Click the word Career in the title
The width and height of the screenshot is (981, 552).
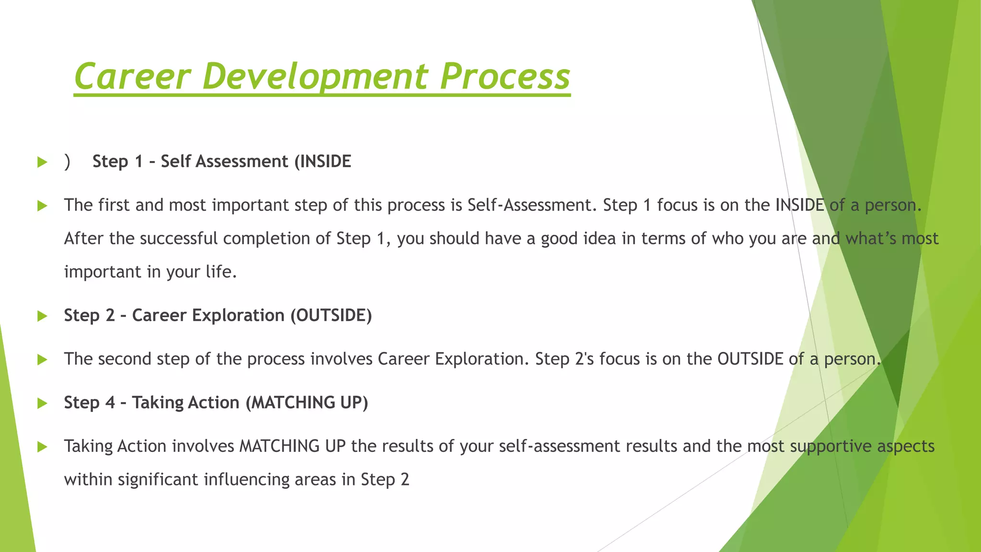[x=133, y=77]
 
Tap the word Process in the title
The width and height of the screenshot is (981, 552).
[x=505, y=77]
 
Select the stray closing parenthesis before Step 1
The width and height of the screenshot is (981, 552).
[x=67, y=162]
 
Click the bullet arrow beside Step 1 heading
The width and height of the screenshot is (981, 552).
[x=42, y=162]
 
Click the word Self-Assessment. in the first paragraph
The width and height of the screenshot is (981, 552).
[x=532, y=205]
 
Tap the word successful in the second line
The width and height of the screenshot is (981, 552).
[x=179, y=239]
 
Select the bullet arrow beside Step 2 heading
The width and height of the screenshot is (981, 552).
[x=42, y=316]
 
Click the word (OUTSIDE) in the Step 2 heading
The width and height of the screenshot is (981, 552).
[x=331, y=315]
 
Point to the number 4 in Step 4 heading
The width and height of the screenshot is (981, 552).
[x=110, y=402]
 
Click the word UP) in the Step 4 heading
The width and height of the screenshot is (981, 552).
[x=354, y=402]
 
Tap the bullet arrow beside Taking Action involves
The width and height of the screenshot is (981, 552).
[x=42, y=447]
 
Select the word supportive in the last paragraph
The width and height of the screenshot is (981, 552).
[x=831, y=446]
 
